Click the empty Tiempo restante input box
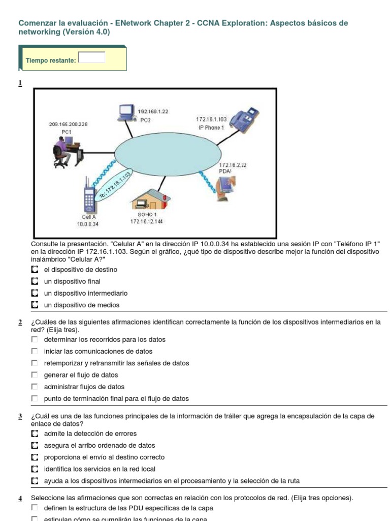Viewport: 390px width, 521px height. click(x=91, y=57)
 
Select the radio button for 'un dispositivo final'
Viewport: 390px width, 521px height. click(x=35, y=281)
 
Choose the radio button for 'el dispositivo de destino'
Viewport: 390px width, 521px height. click(x=35, y=270)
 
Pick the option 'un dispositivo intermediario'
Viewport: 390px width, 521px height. click(x=35, y=294)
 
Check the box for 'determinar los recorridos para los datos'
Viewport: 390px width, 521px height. click(x=35, y=339)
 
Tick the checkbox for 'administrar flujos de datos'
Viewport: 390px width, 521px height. click(x=35, y=387)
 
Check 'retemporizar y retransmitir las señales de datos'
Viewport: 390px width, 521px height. click(x=35, y=363)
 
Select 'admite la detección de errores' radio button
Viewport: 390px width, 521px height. click(x=35, y=433)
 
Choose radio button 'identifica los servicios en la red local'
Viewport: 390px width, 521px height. click(x=35, y=469)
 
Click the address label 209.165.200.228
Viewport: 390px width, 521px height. click(x=68, y=124)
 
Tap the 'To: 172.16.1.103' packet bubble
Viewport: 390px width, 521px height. click(x=115, y=187)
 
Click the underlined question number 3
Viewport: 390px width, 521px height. click(x=20, y=417)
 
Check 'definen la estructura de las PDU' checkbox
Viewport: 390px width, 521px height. click(x=35, y=508)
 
